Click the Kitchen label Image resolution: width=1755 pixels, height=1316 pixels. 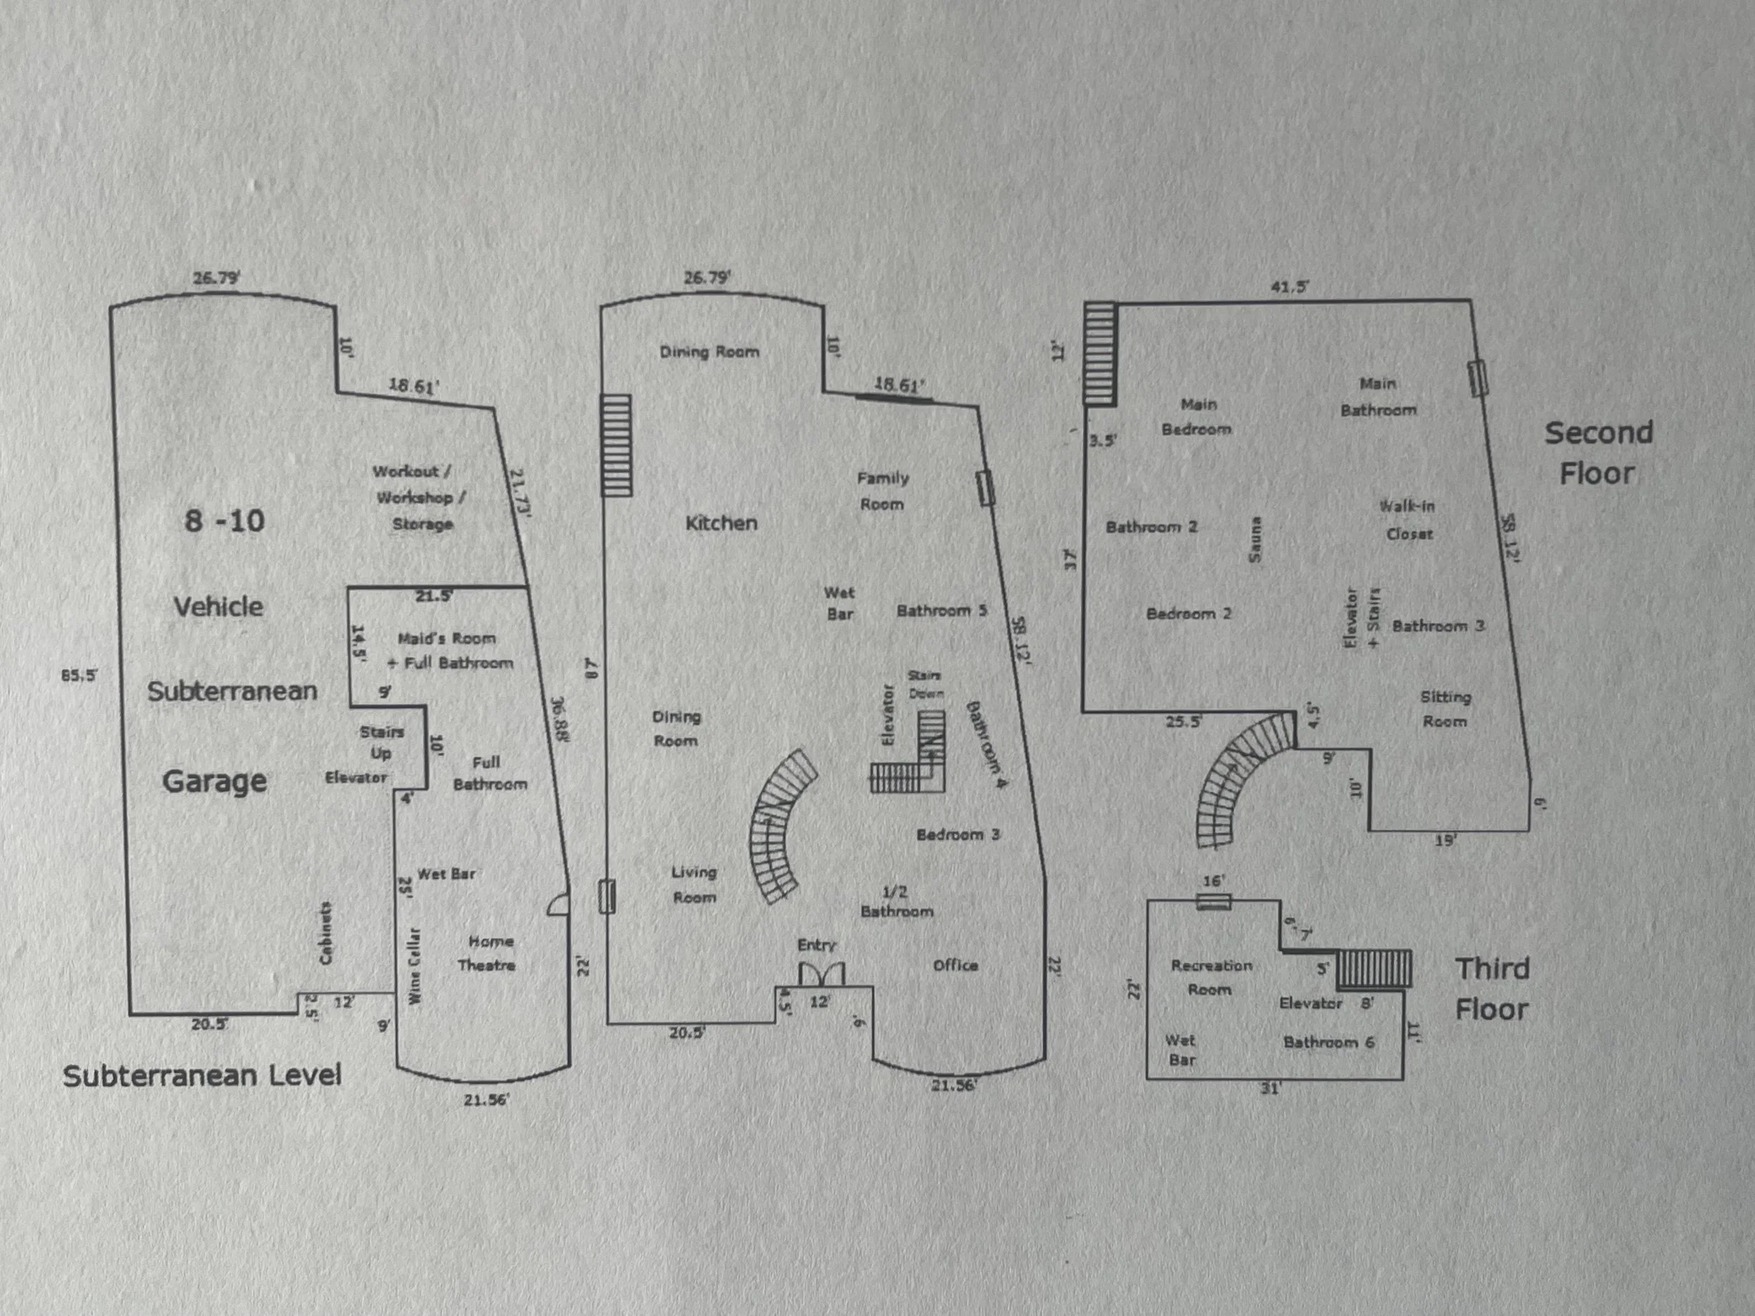coord(721,523)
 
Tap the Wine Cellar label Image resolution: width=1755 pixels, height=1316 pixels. coord(414,965)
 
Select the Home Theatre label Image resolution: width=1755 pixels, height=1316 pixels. coord(488,953)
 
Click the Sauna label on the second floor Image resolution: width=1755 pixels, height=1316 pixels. coord(1255,540)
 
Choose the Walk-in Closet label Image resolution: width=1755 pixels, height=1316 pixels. coord(1409,519)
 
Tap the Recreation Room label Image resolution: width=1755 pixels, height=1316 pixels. coord(1212,977)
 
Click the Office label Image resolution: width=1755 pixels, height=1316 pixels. coord(955,965)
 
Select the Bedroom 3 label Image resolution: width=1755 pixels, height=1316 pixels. coord(958,835)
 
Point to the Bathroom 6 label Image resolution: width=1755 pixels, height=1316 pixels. coord(1328,1042)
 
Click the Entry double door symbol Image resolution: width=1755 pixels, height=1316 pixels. coord(821,974)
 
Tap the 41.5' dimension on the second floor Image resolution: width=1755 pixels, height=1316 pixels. coord(1290,287)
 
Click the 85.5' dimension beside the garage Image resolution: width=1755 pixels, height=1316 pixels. coord(79,676)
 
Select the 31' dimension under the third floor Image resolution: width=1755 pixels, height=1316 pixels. coord(1270,1089)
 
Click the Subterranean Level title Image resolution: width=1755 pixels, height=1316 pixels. coord(202,1077)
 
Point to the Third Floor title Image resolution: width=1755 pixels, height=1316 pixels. coord(1492,989)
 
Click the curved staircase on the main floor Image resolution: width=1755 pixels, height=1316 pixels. coord(779,825)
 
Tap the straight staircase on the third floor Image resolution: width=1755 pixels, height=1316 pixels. coord(1375,969)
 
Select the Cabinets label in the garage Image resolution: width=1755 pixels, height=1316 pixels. coord(325,933)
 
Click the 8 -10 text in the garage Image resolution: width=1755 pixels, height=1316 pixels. coord(225,521)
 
